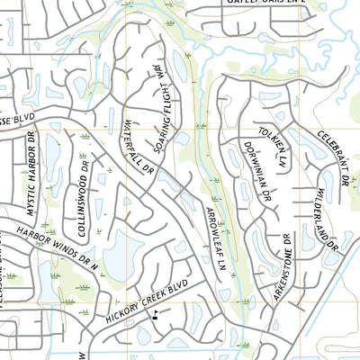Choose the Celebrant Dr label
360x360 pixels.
332,157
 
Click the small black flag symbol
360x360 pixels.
156,314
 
